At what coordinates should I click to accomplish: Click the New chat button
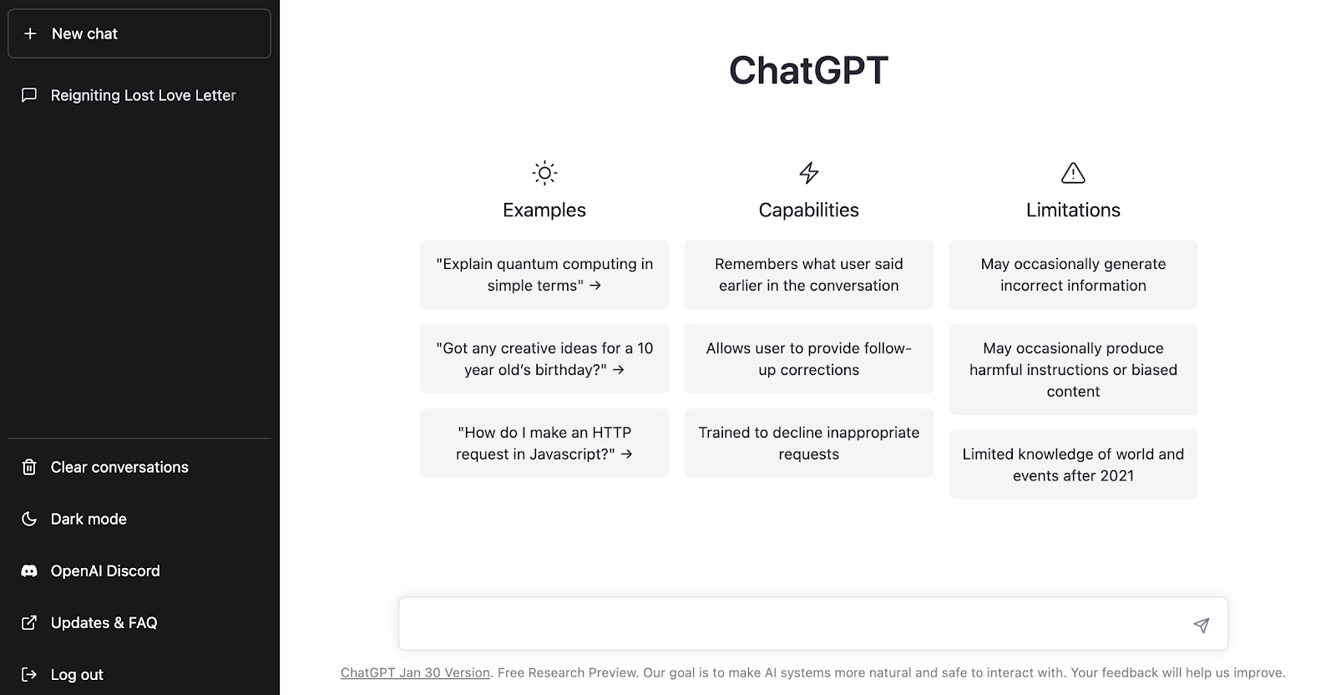(x=139, y=33)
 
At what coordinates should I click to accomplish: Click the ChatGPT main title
(x=809, y=70)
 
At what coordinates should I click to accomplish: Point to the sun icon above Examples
(x=544, y=173)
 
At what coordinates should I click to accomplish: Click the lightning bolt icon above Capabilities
(x=809, y=173)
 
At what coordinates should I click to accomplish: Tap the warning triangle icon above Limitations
(x=1073, y=173)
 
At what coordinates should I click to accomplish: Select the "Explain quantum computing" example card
(x=544, y=275)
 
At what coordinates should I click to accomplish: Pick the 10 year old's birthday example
(x=544, y=358)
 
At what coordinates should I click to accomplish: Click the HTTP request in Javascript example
(x=544, y=443)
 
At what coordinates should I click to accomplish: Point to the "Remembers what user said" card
(x=809, y=275)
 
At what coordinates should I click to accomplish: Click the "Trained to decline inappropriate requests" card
(x=809, y=443)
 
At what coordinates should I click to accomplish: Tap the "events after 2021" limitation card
(x=1073, y=464)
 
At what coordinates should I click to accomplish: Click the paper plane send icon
(x=1202, y=625)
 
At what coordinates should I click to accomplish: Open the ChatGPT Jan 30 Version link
(x=415, y=672)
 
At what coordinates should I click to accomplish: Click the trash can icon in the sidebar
(x=29, y=467)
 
